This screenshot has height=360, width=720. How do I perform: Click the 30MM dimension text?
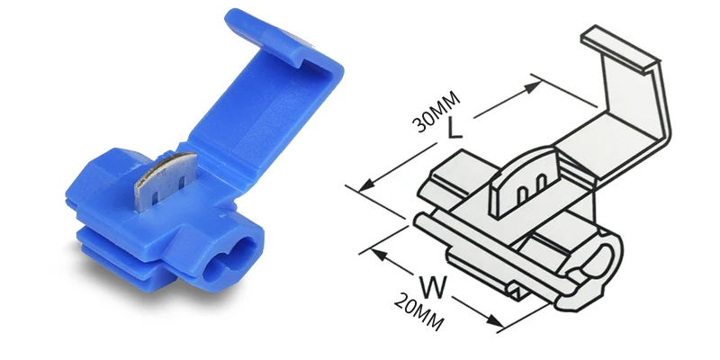point(436,112)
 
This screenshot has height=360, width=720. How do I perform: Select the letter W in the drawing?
point(432,287)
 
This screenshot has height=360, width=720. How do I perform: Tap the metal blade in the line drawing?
point(524,183)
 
